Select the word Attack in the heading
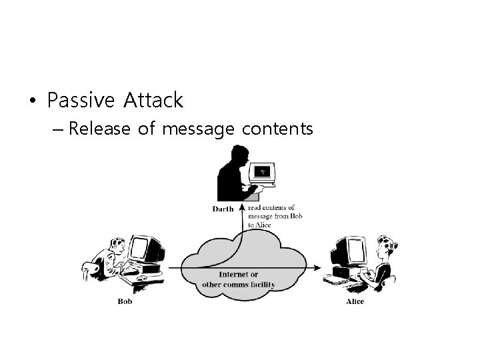[152, 101]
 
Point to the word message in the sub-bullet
[197, 128]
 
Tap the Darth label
[223, 209]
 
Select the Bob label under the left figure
[125, 301]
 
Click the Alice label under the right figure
[355, 301]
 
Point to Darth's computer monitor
[263, 173]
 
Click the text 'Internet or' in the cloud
[239, 274]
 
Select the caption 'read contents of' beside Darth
[271, 208]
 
